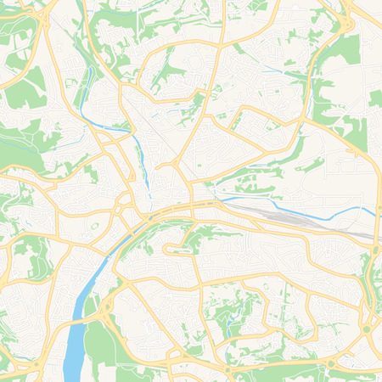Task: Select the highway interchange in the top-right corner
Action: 345,25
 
